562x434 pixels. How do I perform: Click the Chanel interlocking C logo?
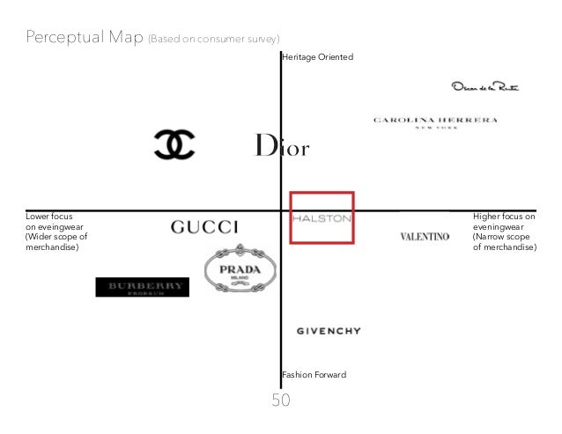point(174,144)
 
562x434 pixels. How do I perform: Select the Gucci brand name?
point(204,226)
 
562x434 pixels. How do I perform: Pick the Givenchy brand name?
point(328,331)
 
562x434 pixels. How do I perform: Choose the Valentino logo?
point(425,236)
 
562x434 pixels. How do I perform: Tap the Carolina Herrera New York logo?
point(435,121)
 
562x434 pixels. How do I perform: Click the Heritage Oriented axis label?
point(317,57)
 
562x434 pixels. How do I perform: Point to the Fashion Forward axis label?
point(314,375)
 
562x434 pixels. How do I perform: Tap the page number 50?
point(281,401)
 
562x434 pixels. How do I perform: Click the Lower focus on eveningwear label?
point(49,220)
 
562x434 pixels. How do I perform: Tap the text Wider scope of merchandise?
point(56,242)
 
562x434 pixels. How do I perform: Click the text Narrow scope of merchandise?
point(504,242)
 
